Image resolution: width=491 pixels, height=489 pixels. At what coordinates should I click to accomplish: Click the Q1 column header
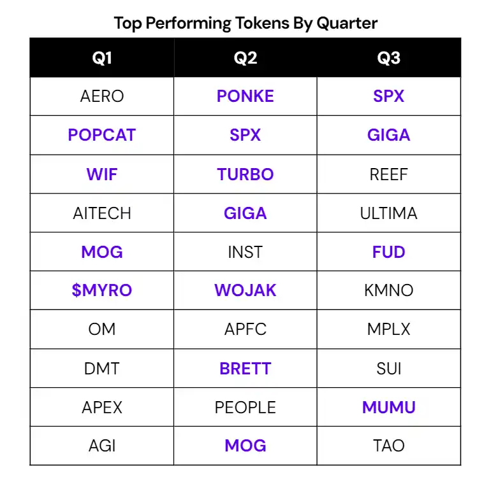[102, 58]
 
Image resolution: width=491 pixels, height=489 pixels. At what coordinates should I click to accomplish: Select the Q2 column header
[246, 58]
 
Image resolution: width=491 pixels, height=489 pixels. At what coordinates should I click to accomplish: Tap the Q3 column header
[388, 58]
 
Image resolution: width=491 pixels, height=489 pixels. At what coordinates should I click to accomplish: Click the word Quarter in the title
[347, 23]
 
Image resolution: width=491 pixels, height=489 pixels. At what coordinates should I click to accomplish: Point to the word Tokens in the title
[262, 23]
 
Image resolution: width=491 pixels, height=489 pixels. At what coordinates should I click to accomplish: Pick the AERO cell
[102, 96]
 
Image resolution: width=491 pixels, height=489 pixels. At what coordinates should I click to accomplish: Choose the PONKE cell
[246, 96]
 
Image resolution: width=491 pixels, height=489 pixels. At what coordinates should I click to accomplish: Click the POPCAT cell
[102, 135]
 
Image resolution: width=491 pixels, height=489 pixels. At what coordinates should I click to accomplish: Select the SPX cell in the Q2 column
[246, 135]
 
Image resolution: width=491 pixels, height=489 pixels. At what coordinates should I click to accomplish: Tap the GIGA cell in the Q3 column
[388, 135]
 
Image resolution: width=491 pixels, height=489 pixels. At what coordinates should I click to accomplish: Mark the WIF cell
[102, 174]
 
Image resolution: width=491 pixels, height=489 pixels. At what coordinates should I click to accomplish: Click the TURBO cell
[246, 174]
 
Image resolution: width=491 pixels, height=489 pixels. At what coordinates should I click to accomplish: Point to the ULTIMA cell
[388, 213]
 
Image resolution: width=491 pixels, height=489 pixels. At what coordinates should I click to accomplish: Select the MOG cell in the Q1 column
[102, 252]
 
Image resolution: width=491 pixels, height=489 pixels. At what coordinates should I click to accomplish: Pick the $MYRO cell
[102, 290]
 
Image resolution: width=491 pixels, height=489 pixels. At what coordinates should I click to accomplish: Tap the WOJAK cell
[246, 290]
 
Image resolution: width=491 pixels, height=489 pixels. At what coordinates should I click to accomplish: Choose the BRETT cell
[246, 368]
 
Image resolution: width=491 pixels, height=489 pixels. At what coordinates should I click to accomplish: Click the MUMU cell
[388, 407]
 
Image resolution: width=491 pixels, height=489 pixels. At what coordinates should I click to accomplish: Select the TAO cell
[388, 446]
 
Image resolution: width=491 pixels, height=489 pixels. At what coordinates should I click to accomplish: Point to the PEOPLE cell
[246, 407]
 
